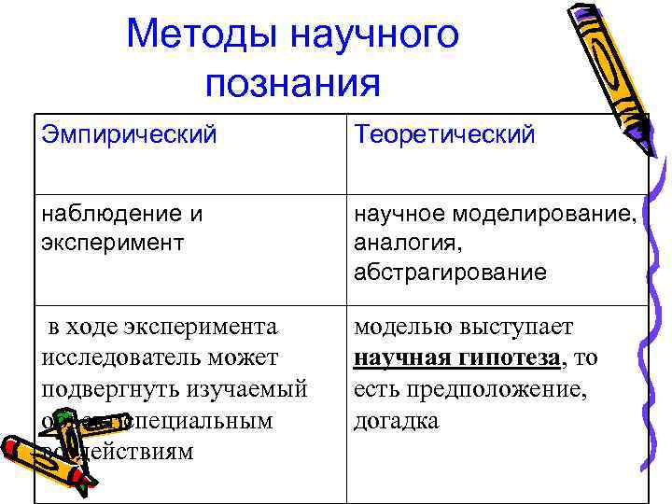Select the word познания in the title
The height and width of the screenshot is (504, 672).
[x=292, y=83]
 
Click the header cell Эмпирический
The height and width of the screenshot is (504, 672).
[x=129, y=134]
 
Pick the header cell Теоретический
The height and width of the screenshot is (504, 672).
[x=444, y=134]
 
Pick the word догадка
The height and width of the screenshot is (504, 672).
[x=396, y=420]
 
